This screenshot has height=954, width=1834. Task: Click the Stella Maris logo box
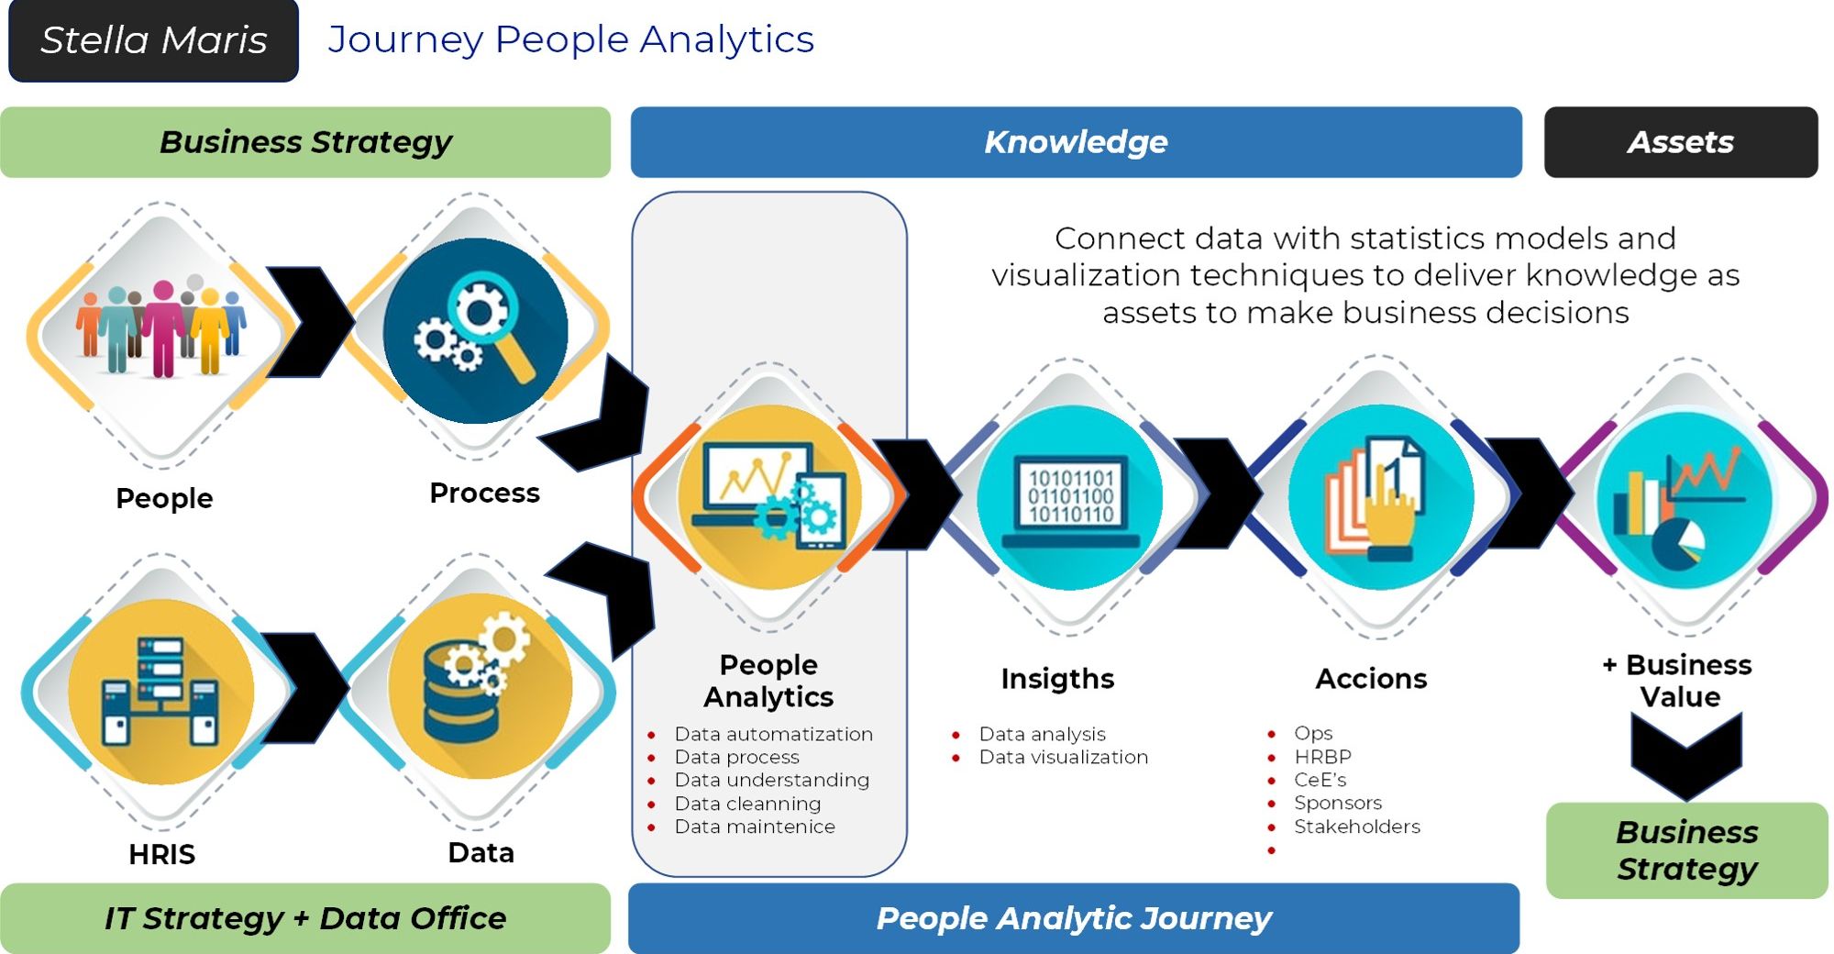[153, 40]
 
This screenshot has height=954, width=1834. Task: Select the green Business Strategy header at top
[305, 142]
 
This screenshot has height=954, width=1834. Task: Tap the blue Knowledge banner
[1076, 142]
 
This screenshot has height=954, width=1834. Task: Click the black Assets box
[1681, 142]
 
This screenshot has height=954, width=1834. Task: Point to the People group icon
[161, 330]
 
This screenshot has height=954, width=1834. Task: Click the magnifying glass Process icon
[475, 330]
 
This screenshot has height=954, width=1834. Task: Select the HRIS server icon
[161, 690]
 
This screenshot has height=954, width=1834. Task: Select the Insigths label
[1057, 679]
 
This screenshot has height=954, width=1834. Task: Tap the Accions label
[1371, 679]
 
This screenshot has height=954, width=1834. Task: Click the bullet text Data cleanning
[747, 804]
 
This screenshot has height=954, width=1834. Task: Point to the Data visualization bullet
[1063, 757]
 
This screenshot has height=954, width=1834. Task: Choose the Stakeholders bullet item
[1356, 826]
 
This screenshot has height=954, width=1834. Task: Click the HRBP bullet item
[1322, 757]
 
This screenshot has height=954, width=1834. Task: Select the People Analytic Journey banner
[1074, 918]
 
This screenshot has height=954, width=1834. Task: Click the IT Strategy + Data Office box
[305, 918]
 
